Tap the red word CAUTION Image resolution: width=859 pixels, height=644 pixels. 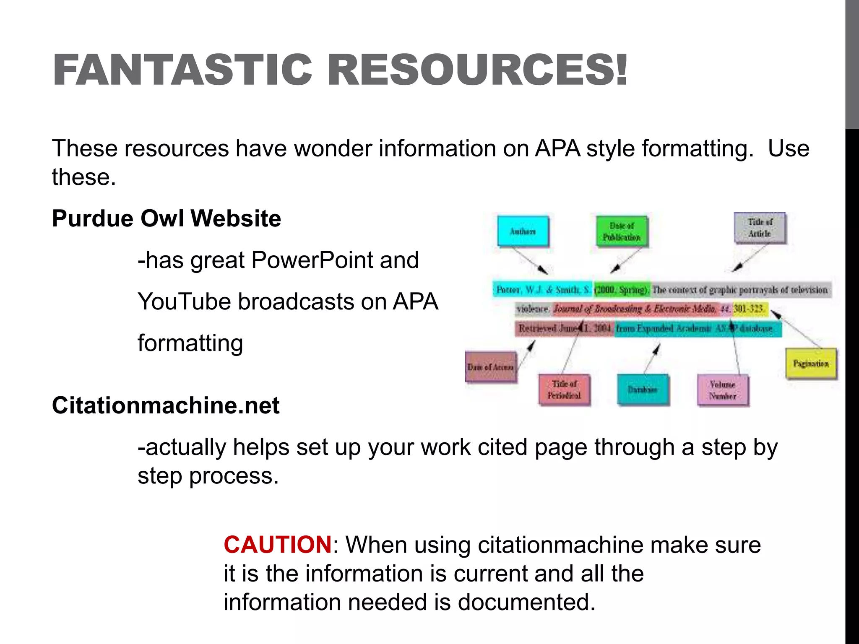(278, 545)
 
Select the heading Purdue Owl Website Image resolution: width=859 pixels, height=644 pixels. (166, 218)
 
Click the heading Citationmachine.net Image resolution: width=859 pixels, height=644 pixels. (165, 405)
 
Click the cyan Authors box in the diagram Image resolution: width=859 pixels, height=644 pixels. (523, 231)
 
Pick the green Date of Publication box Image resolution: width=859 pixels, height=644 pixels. (622, 231)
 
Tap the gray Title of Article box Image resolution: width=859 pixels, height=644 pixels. (760, 228)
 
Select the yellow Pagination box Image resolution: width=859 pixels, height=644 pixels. (811, 364)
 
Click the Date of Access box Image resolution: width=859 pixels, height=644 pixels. (490, 367)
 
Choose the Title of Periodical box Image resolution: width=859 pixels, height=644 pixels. (564, 390)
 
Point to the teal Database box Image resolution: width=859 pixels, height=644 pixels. (643, 390)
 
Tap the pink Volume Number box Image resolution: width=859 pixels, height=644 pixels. (722, 390)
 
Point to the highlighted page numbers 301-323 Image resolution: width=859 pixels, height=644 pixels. (749, 309)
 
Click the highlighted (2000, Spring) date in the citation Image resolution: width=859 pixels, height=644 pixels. (621, 290)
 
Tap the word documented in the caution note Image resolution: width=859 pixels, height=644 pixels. (526, 602)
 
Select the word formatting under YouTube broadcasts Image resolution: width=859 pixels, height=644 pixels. (190, 343)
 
